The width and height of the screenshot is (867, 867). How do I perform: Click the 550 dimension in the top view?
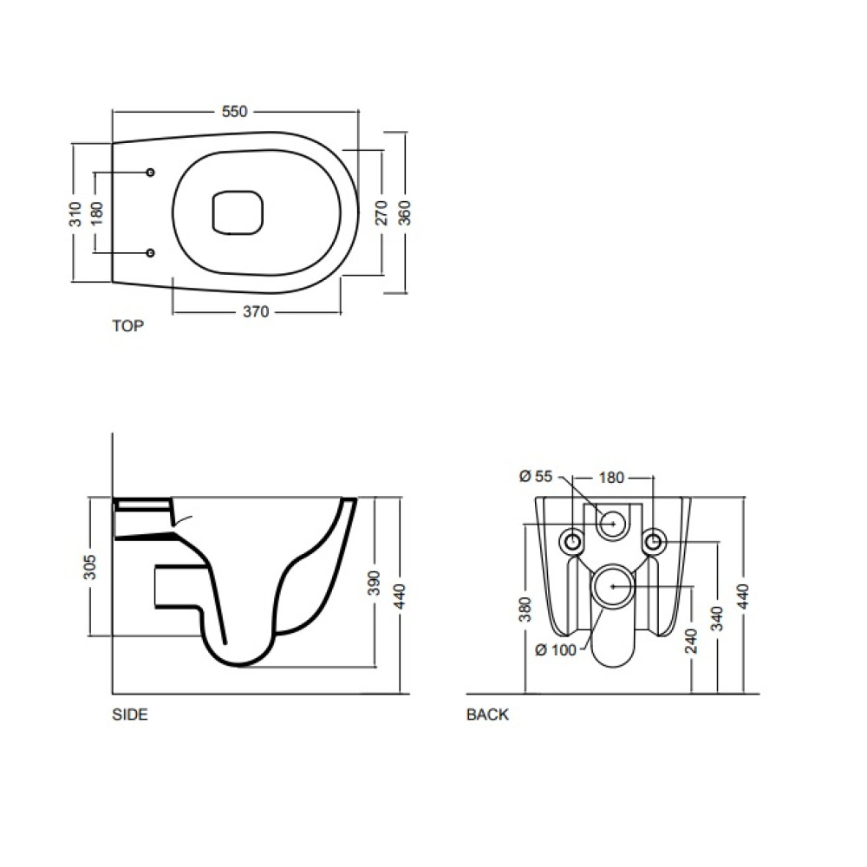(234, 112)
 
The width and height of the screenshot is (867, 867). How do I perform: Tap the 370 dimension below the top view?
(256, 312)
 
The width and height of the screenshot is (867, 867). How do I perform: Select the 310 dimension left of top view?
(75, 214)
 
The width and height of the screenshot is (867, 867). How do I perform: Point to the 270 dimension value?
(381, 212)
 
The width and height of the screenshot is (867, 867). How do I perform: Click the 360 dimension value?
(405, 212)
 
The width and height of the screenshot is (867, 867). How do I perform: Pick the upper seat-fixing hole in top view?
(150, 173)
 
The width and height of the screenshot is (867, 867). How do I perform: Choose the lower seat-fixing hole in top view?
(150, 252)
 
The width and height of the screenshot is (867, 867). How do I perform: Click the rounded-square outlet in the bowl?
(238, 213)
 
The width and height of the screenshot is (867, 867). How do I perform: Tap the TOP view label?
(127, 326)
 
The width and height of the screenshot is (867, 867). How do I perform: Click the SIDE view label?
(130, 714)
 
